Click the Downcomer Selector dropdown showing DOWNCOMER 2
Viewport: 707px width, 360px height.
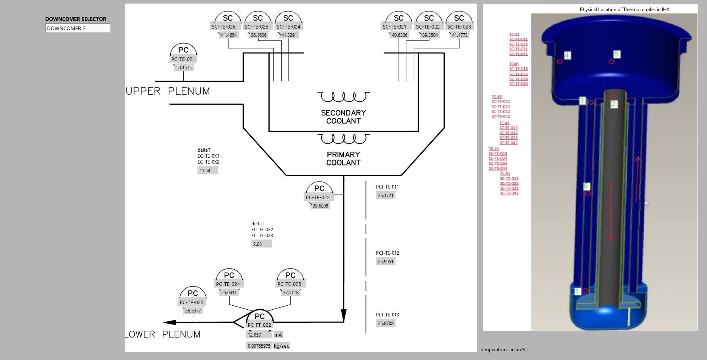pos(78,28)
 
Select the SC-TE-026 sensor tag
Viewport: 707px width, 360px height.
pos(224,27)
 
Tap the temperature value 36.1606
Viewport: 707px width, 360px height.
pos(259,35)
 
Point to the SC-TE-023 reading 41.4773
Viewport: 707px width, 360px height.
pos(460,35)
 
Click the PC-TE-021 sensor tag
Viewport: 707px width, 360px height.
pos(183,59)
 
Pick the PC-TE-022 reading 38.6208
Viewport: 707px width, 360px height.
pos(320,206)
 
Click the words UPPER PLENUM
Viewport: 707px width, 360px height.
pos(168,91)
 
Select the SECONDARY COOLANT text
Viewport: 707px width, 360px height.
pos(343,117)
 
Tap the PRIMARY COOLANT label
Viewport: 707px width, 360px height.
pos(343,158)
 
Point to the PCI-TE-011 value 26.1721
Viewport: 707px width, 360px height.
pos(386,196)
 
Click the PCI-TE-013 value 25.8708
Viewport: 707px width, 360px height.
pos(386,324)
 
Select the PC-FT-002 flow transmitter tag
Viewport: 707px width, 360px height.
pos(259,325)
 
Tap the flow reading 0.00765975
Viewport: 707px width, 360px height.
pos(259,346)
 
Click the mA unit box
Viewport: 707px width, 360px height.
pos(278,335)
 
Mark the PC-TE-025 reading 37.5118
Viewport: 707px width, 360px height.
pos(291,293)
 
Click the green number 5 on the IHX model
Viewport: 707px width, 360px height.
pos(616,54)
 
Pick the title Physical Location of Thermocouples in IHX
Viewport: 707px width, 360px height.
pos(624,10)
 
